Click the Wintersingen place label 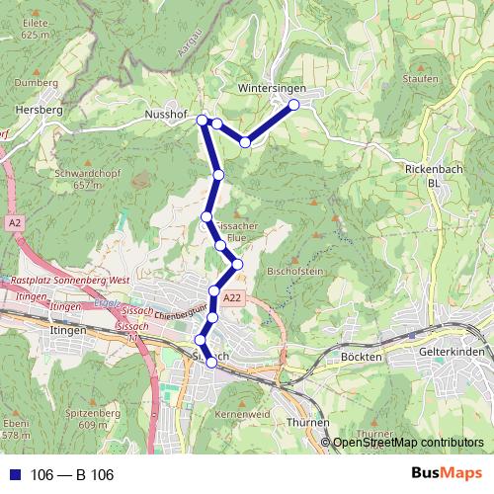tap(272, 89)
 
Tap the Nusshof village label tap(165, 116)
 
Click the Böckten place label tap(360, 355)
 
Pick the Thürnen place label tap(306, 422)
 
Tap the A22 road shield tap(231, 297)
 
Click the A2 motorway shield tap(14, 224)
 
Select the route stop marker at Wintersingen tap(293, 105)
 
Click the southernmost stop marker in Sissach tap(210, 364)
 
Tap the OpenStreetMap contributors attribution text tap(408, 443)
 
